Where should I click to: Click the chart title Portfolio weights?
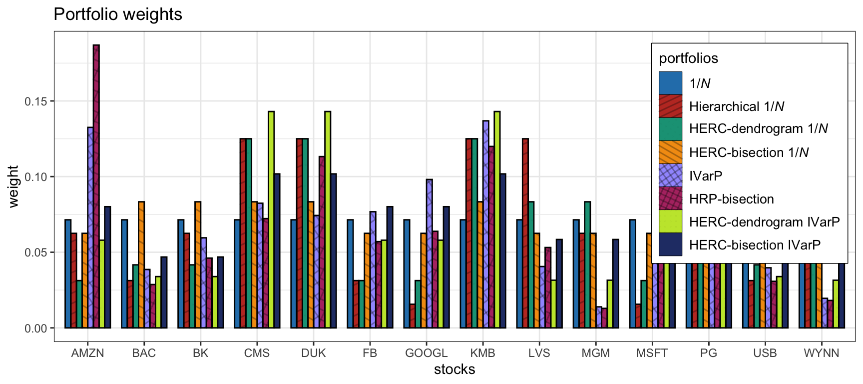118,14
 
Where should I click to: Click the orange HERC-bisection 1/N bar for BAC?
141,265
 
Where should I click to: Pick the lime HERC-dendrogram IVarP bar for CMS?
271,220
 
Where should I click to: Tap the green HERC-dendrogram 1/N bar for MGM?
587,265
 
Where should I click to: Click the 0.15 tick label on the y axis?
36,101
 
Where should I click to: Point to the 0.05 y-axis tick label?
36,252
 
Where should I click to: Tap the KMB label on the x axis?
482,353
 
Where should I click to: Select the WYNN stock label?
821,353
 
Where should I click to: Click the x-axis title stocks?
454,369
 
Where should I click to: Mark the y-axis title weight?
13,186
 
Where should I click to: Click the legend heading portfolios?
688,58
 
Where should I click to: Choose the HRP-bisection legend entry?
731,199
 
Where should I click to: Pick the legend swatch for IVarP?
670,175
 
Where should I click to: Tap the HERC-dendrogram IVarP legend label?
764,222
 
